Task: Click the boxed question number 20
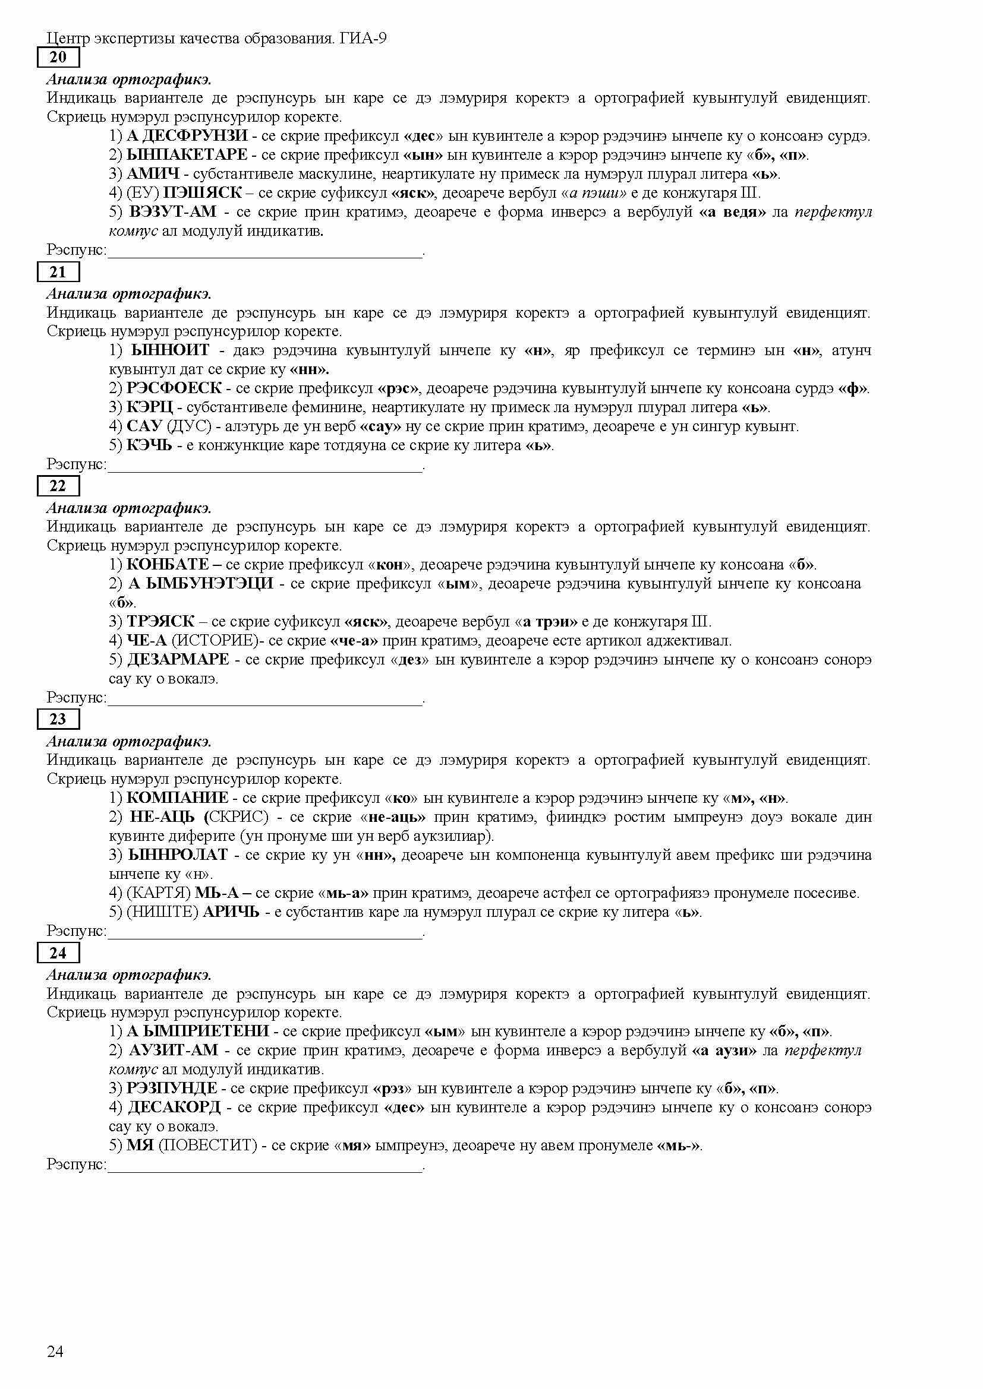pos(58,58)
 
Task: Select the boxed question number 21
pos(58,272)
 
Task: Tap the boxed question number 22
pos(58,486)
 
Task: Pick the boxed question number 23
pos(58,719)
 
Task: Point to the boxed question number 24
pos(58,953)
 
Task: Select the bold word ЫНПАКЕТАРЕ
pos(187,155)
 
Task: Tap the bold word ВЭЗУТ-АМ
pos(172,212)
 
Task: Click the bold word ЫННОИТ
pos(170,350)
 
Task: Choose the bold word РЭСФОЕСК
pos(174,388)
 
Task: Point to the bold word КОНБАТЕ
pos(168,565)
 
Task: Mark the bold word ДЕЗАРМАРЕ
pos(178,659)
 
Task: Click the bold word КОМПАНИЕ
pos(177,798)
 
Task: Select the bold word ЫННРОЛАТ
pos(178,855)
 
